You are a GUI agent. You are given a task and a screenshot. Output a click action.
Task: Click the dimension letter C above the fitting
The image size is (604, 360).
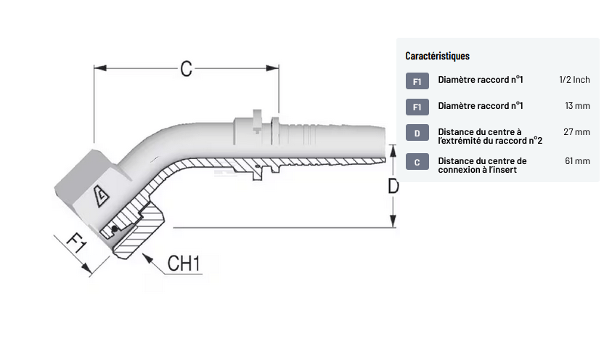point(186,69)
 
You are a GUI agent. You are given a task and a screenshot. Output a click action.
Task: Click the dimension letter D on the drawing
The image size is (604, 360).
point(393,186)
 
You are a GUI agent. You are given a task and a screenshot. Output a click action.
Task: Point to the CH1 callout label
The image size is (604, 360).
point(183,263)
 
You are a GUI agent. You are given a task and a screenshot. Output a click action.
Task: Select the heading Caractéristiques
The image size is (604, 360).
point(437,56)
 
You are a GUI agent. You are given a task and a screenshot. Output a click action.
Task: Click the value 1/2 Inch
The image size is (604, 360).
point(574,80)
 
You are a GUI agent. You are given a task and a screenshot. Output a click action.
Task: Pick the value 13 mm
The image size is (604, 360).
point(577,106)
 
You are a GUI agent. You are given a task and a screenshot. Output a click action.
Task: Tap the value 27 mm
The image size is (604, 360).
point(577,132)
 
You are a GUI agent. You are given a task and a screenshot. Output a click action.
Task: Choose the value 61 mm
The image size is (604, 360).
point(577,160)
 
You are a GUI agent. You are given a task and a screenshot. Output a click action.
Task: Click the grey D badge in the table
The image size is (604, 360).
point(417,134)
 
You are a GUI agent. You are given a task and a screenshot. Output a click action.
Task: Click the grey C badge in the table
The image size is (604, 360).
point(417,162)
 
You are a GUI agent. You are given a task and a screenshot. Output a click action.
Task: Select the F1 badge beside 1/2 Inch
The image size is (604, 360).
point(417,81)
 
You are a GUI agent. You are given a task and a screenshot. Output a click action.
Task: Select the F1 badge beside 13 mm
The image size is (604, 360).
point(417,107)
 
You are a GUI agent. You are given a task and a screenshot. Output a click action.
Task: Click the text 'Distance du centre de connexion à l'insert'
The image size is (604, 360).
point(482,165)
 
